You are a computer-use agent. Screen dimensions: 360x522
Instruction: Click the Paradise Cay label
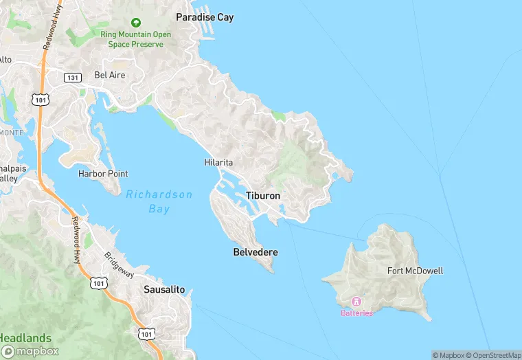point(205,17)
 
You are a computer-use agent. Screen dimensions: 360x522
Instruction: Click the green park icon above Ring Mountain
point(135,23)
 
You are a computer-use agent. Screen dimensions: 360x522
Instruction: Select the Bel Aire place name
point(110,75)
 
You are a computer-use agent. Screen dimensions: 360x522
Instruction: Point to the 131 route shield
point(73,78)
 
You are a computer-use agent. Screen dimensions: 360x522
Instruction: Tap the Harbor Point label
point(103,174)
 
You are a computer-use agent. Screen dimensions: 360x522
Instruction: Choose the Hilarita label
point(219,163)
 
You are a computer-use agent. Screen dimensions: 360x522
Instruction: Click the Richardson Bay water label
point(159,201)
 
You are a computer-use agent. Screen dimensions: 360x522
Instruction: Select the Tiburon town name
point(263,196)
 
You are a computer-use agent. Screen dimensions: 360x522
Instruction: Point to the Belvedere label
point(256,252)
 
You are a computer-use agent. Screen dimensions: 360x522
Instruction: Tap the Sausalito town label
point(164,289)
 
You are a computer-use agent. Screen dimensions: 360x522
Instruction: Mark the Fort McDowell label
point(415,271)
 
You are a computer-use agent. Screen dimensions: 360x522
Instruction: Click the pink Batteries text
point(357,313)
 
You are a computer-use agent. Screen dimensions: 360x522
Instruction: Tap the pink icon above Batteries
point(356,302)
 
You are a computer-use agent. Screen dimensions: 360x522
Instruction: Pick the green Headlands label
point(25,338)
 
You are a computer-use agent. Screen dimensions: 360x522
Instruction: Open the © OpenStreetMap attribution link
point(492,355)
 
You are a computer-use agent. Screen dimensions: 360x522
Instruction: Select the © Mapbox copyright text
point(448,355)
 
